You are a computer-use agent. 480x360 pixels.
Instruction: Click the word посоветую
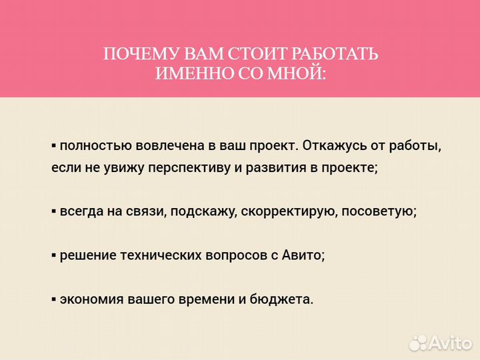click(x=383, y=211)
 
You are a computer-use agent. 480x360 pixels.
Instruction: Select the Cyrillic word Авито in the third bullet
click(x=304, y=255)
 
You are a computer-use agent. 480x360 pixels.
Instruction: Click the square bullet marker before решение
click(x=54, y=255)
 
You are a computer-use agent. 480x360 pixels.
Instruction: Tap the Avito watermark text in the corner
click(x=451, y=343)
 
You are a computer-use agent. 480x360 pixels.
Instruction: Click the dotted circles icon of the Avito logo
click(x=418, y=342)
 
